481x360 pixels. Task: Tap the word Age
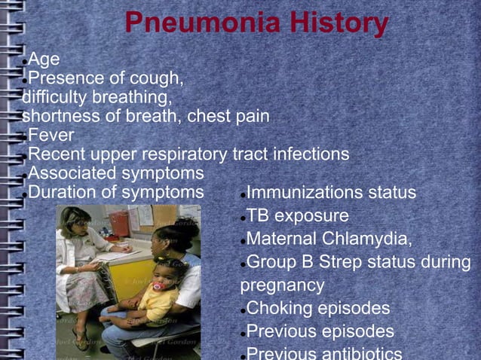(44, 59)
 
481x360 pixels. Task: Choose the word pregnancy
(283, 285)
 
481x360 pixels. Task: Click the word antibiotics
(362, 353)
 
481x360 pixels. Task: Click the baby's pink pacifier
(159, 285)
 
